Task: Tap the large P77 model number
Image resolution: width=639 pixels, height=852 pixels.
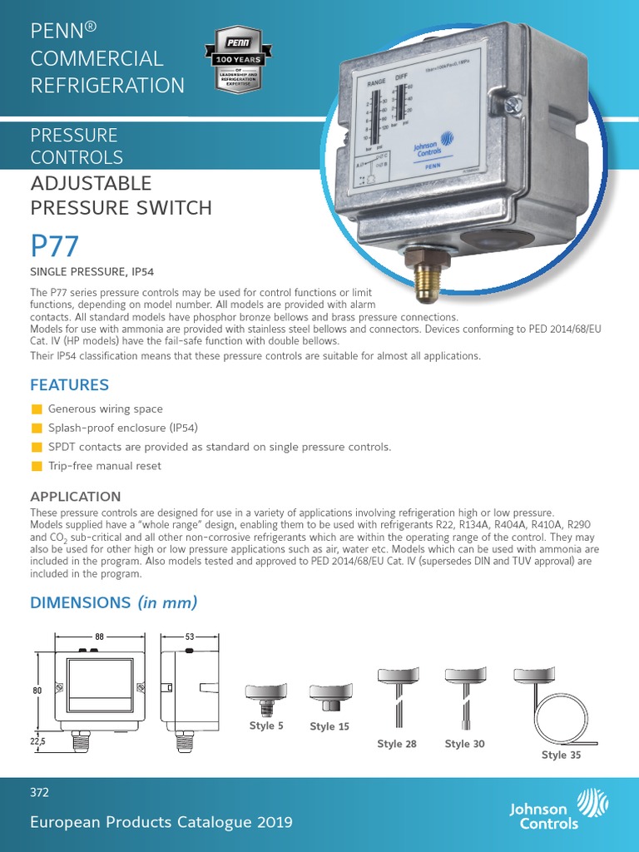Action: [x=55, y=247]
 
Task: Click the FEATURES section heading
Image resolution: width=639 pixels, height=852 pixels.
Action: [x=69, y=385]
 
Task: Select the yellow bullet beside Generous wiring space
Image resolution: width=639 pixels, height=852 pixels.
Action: [x=36, y=409]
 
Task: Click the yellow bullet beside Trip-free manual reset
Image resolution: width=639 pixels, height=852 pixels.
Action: [x=36, y=466]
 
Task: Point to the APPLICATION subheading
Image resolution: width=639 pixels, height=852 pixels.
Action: [x=75, y=497]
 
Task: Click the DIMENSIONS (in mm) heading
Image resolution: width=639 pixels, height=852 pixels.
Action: [x=114, y=602]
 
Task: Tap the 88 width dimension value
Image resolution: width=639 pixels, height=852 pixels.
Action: [x=99, y=637]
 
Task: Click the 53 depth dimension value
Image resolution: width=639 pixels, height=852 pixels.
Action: [x=189, y=637]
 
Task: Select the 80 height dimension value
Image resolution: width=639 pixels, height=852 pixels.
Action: [x=37, y=690]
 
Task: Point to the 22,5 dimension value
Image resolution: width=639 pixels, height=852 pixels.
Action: [x=38, y=740]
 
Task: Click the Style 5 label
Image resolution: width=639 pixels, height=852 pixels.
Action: [x=266, y=726]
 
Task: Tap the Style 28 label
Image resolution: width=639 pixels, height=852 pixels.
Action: [x=397, y=744]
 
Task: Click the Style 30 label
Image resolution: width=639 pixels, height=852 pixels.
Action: [x=464, y=744]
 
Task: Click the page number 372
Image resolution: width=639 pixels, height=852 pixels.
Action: [x=40, y=793]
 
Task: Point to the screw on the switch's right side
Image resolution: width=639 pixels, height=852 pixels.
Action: [x=513, y=105]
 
